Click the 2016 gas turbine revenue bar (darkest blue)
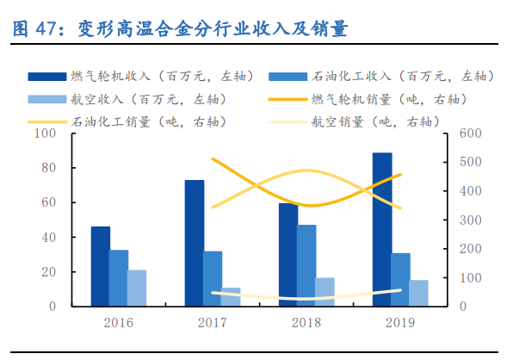[x=101, y=266]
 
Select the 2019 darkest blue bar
[x=382, y=229]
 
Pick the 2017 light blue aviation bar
[x=232, y=297]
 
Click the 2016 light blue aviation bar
[x=137, y=288]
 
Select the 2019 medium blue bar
[x=400, y=279]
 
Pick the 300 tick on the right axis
[x=468, y=220]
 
